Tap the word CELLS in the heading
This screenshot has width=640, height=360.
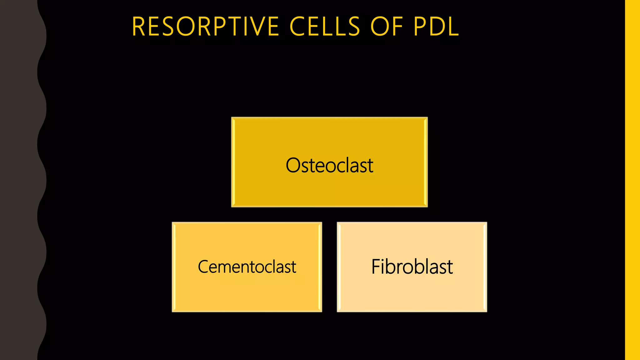point(325,27)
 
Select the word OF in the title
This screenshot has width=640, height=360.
point(387,27)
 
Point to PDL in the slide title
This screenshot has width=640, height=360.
point(436,27)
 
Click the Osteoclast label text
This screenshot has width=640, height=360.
point(329,165)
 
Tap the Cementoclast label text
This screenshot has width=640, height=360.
point(247,267)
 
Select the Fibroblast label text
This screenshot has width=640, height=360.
point(412,267)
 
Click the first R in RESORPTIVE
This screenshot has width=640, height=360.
point(138,27)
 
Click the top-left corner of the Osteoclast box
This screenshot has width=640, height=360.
point(232,118)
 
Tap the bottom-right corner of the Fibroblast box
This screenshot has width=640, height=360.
point(486,311)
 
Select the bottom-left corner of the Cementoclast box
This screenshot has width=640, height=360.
point(172,311)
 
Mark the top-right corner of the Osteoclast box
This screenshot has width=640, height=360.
point(427,118)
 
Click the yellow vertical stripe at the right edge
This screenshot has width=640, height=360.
point(632,180)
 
